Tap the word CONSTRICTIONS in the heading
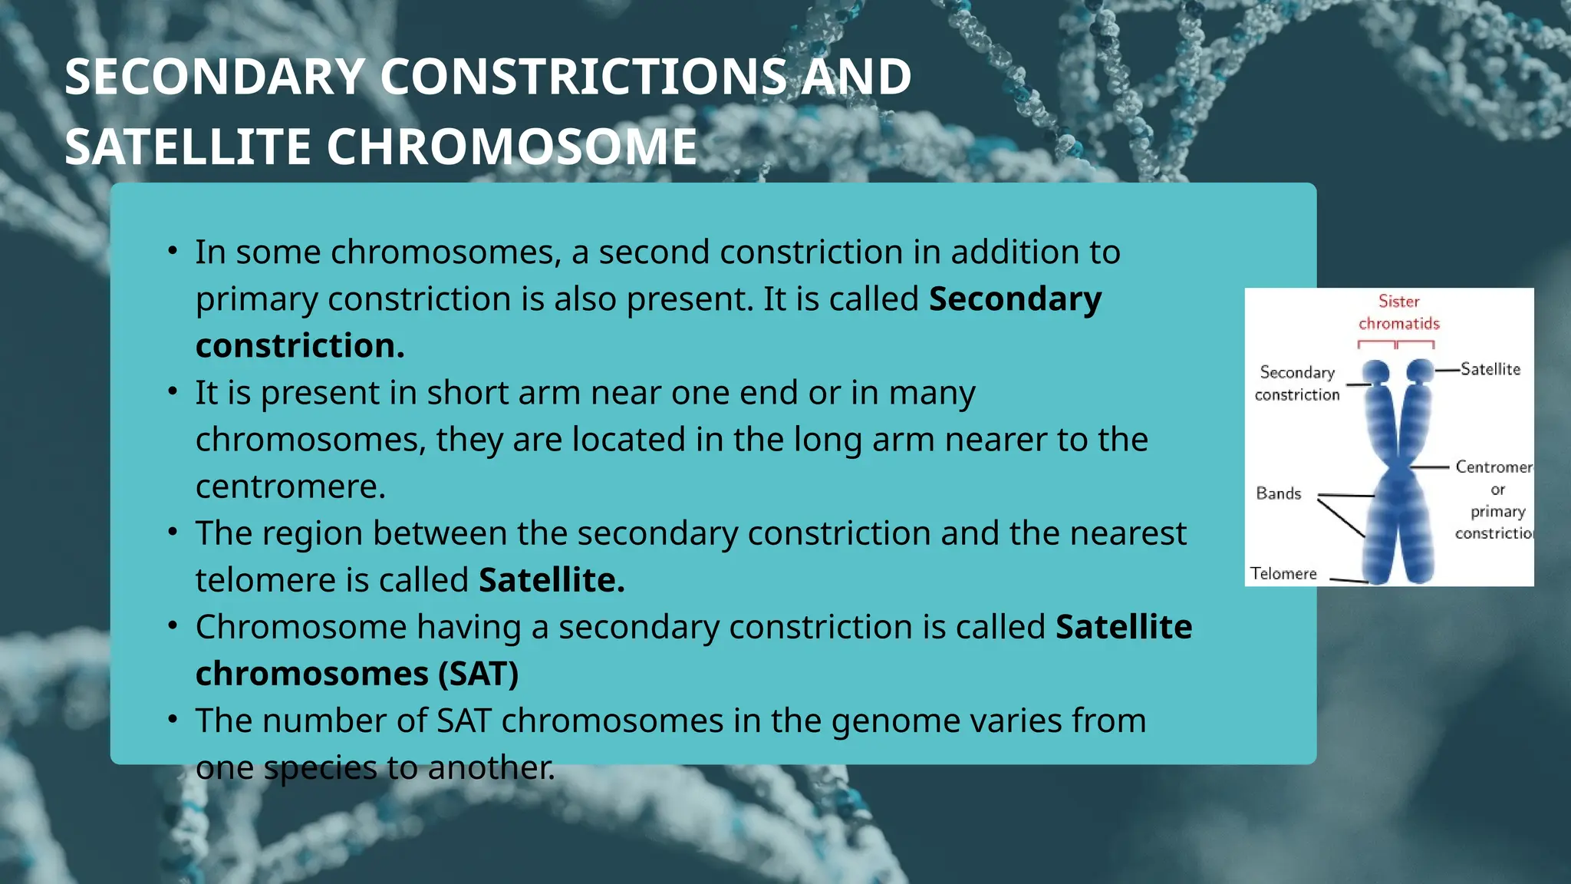tap(583, 77)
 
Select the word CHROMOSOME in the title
tap(512, 147)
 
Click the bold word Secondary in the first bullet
tap(1015, 299)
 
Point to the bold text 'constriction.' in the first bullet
tap(300, 345)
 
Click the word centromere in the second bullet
tap(290, 487)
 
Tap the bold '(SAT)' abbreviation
tap(478, 674)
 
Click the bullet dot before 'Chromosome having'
tap(173, 626)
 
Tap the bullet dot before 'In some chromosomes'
tap(173, 251)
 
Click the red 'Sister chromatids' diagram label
tap(1398, 312)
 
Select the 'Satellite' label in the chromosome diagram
tap(1490, 369)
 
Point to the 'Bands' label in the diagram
tap(1278, 493)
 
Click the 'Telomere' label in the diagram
tap(1283, 573)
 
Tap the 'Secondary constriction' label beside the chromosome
tap(1296, 383)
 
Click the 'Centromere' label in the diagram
tap(1493, 467)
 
